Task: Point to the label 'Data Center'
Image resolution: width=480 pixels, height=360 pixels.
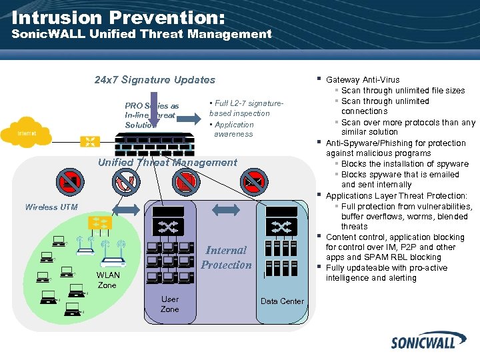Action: (x=282, y=301)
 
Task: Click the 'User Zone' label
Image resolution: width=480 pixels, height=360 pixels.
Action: (x=170, y=304)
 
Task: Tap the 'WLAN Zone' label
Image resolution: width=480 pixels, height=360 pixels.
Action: (x=107, y=280)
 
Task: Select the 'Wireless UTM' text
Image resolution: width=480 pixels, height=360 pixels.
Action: (x=51, y=207)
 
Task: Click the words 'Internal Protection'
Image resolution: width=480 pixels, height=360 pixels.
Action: (x=226, y=257)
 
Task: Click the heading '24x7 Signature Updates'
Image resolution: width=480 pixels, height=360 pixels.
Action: (x=155, y=80)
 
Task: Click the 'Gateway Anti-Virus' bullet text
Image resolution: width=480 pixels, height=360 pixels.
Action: (x=363, y=80)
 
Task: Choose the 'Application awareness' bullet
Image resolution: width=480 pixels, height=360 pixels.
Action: (x=232, y=129)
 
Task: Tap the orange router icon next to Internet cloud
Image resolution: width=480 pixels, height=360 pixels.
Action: (x=89, y=141)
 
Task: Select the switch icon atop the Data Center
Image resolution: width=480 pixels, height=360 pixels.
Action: (x=281, y=227)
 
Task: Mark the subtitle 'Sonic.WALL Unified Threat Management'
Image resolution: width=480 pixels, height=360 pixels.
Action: (x=142, y=34)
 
